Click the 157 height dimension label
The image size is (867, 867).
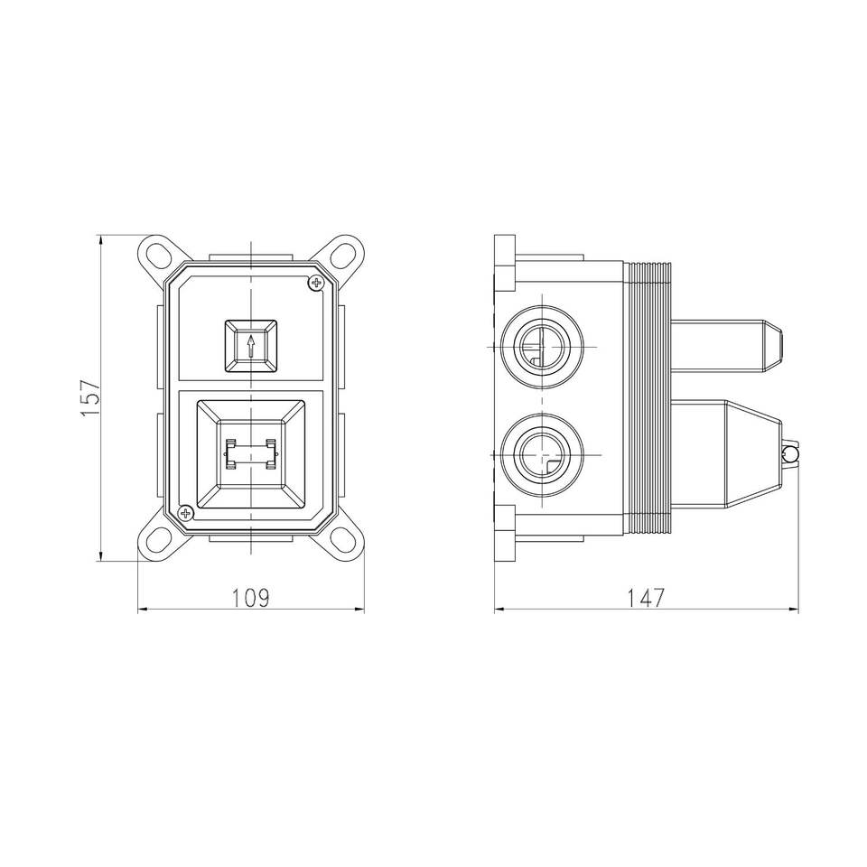[90, 398]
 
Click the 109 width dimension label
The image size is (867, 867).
[250, 598]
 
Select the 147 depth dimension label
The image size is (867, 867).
[646, 598]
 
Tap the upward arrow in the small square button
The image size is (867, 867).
[250, 345]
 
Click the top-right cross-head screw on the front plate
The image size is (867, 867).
[317, 284]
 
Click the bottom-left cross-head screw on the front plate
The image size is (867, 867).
[185, 514]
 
